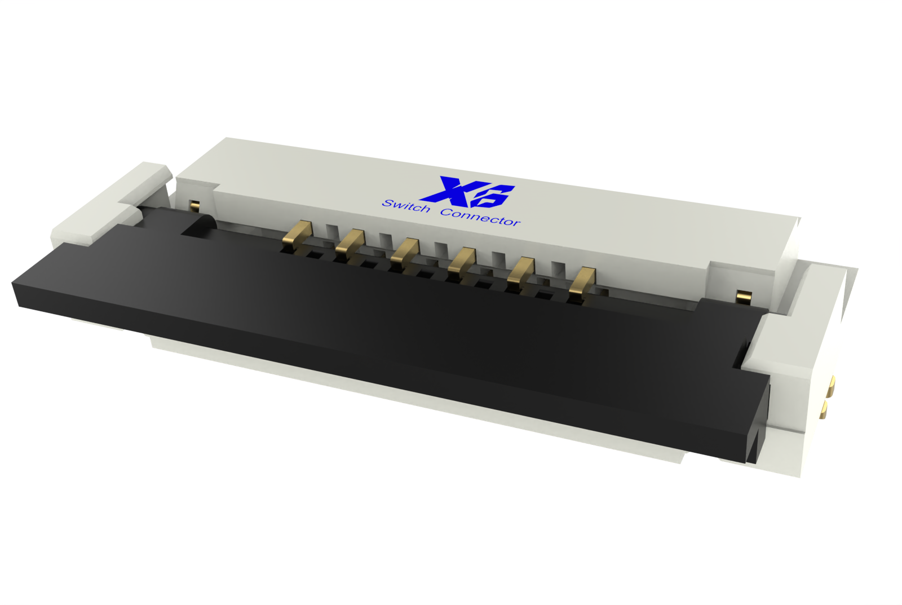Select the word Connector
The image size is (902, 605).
click(x=480, y=217)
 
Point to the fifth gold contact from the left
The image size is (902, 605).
click(x=520, y=271)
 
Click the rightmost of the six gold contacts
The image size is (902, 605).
click(x=582, y=282)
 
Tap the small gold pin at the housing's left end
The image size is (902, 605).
click(x=194, y=205)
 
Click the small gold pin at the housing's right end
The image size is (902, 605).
click(x=744, y=296)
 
